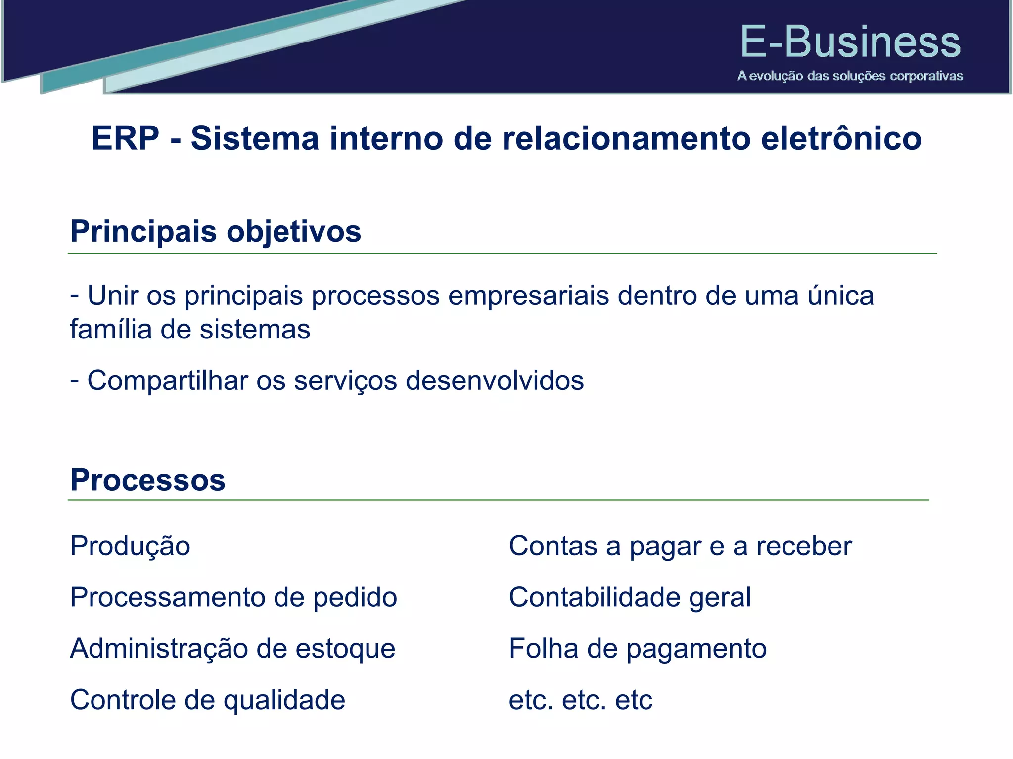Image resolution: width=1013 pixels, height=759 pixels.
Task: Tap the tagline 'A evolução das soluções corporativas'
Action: pyautogui.click(x=850, y=76)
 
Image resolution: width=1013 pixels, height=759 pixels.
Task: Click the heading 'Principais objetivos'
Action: pyautogui.click(x=216, y=231)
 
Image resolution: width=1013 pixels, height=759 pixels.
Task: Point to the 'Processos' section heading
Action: pyautogui.click(x=147, y=480)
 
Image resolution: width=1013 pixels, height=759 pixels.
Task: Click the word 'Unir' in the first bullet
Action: pyautogui.click(x=121, y=295)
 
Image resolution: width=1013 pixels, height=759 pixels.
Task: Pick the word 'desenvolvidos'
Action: pyautogui.click(x=495, y=380)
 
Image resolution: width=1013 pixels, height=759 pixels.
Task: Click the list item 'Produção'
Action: pyautogui.click(x=130, y=547)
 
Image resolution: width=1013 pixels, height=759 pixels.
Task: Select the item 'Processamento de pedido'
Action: pyautogui.click(x=233, y=597)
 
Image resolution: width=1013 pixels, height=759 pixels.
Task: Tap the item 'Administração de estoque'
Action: pyautogui.click(x=232, y=648)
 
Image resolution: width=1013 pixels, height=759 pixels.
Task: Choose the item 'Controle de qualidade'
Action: pyautogui.click(x=208, y=700)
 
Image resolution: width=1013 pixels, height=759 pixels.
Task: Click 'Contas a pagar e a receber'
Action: pyautogui.click(x=680, y=547)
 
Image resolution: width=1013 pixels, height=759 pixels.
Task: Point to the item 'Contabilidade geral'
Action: pyautogui.click(x=630, y=597)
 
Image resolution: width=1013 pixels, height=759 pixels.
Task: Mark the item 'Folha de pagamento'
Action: pyautogui.click(x=638, y=648)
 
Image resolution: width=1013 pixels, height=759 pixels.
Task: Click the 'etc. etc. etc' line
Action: pyautogui.click(x=581, y=700)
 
